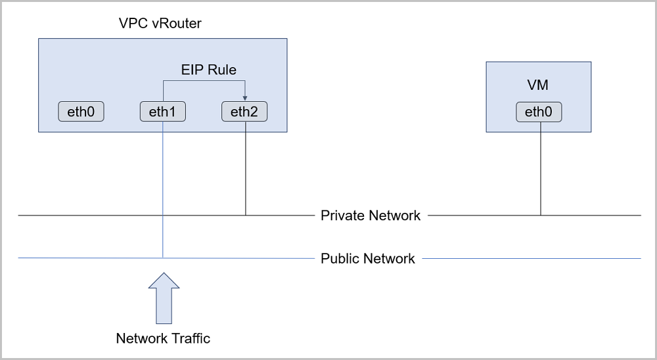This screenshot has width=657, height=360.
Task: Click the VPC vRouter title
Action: [x=160, y=23]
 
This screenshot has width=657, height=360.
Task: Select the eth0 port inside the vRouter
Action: [x=81, y=112]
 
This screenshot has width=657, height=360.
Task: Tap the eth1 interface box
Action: [x=162, y=112]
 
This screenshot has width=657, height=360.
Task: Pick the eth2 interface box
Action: [x=244, y=112]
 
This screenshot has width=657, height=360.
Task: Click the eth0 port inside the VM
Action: [x=539, y=112]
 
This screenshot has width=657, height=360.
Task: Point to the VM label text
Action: [x=537, y=85]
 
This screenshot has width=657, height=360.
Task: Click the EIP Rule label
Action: [x=209, y=70]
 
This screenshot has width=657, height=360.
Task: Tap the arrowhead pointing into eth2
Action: [x=245, y=99]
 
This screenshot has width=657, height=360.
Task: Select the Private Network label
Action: [x=371, y=215]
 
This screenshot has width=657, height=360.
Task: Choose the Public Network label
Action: [x=368, y=259]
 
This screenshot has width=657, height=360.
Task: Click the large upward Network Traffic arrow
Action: [x=164, y=298]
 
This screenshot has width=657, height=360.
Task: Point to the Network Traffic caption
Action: [x=163, y=338]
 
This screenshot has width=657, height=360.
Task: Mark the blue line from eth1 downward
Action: [x=163, y=189]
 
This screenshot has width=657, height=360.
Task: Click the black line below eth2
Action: [x=246, y=168]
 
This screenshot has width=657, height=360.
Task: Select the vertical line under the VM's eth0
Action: [x=541, y=168]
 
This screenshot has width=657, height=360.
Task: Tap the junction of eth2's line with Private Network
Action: [x=246, y=215]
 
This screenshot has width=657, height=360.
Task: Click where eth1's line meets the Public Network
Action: [x=163, y=258]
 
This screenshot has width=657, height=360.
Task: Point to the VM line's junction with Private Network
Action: [x=541, y=215]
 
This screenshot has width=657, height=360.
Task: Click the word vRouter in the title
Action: [x=176, y=23]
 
